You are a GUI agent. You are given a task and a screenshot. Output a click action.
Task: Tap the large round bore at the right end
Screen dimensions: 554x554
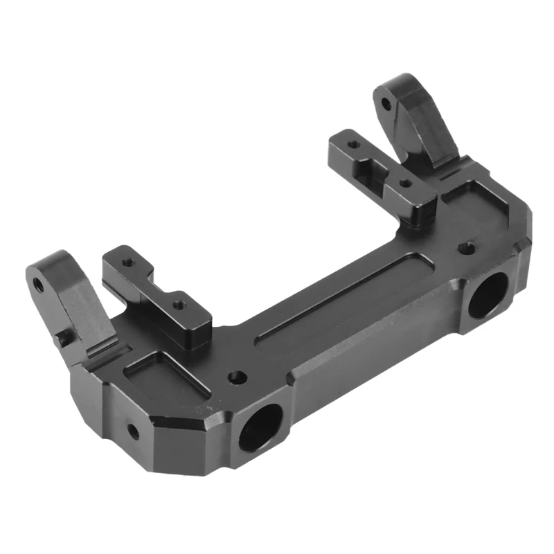coord(487,294)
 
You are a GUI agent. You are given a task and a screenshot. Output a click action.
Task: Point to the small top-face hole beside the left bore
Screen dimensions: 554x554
coord(238,377)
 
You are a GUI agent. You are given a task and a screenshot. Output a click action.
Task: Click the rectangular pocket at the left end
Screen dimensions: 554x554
coord(166,377)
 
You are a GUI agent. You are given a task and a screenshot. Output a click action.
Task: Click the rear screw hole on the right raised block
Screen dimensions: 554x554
coord(354,145)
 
